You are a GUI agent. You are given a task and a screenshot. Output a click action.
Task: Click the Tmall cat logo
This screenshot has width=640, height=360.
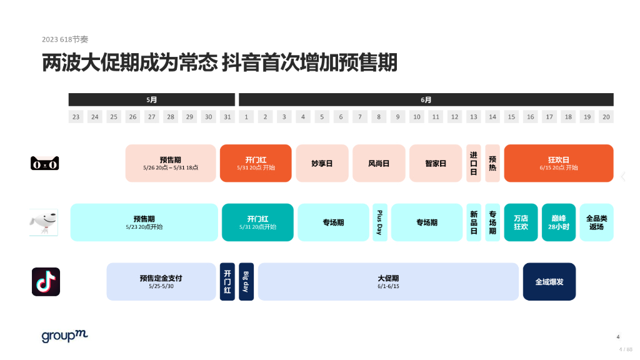(45, 164)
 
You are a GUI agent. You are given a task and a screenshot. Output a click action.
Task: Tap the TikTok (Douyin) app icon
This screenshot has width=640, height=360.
(46, 282)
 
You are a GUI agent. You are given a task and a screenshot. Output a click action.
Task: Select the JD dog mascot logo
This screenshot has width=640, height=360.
(44, 222)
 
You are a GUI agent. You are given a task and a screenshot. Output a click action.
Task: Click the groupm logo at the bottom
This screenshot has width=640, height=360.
(64, 336)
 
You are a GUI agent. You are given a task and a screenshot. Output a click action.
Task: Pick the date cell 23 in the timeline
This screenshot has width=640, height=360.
(76, 117)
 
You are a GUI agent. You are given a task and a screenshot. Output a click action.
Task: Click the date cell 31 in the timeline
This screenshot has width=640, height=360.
(227, 117)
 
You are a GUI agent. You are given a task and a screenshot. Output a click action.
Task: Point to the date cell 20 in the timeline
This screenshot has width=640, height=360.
(606, 117)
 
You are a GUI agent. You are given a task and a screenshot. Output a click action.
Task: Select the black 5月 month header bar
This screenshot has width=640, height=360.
(152, 99)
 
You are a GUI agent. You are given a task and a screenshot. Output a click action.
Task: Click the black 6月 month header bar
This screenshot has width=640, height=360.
(426, 99)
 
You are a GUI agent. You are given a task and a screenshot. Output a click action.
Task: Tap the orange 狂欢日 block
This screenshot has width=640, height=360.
(558, 163)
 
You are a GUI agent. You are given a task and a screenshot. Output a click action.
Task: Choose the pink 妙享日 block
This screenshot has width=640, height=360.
(322, 163)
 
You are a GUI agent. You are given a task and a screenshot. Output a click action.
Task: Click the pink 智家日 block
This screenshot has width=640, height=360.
(436, 163)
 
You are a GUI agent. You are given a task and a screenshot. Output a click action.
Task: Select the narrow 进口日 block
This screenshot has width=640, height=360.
(474, 163)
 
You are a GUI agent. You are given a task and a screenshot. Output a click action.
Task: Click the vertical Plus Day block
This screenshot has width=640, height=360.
(379, 222)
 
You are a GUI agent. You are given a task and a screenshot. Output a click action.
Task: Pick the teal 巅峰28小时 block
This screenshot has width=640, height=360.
(558, 222)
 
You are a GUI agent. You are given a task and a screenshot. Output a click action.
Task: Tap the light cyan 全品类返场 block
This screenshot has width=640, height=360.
(596, 222)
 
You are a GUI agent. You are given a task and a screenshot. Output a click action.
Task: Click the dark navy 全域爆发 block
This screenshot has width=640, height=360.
(549, 282)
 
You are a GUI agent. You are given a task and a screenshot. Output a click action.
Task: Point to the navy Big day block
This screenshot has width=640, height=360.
(246, 282)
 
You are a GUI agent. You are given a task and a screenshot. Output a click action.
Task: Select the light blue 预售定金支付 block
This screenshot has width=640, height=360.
(161, 282)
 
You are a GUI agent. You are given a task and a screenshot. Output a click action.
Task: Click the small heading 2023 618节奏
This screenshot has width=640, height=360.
(65, 39)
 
